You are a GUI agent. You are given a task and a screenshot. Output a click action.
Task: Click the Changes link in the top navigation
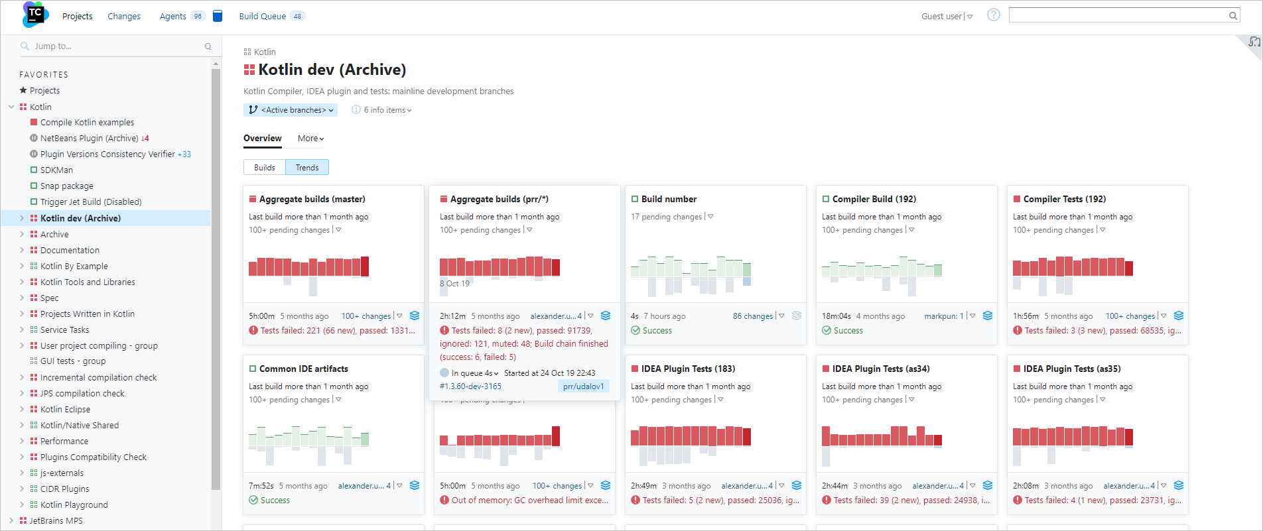pyautogui.click(x=124, y=17)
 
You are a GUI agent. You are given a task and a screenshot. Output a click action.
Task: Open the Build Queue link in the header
pyautogui.click(x=263, y=17)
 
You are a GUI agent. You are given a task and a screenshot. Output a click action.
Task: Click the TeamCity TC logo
pyautogui.click(x=35, y=14)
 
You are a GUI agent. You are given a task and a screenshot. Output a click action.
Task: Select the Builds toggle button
pyautogui.click(x=265, y=168)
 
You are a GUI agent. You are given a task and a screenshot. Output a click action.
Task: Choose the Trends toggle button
pyautogui.click(x=307, y=168)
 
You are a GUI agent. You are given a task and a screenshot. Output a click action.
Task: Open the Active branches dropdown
pyautogui.click(x=291, y=110)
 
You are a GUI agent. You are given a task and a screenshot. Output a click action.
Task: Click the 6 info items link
pyautogui.click(x=384, y=110)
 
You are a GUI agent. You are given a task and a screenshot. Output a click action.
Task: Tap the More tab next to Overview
pyautogui.click(x=310, y=139)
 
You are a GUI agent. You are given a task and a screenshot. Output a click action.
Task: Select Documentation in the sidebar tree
pyautogui.click(x=70, y=250)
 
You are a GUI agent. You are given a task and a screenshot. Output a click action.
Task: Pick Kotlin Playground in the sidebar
pyautogui.click(x=74, y=504)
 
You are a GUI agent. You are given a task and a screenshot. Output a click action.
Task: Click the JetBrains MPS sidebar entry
pyautogui.click(x=56, y=520)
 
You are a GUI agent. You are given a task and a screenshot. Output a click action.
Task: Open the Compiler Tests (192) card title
pyautogui.click(x=1064, y=199)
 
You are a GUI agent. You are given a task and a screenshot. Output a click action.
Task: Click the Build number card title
pyautogui.click(x=669, y=199)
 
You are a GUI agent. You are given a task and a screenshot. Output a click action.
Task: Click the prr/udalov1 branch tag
pyautogui.click(x=583, y=386)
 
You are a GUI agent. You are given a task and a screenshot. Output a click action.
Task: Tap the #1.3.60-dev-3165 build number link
pyautogui.click(x=470, y=386)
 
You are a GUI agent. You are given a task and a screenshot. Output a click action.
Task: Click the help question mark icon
pyautogui.click(x=993, y=15)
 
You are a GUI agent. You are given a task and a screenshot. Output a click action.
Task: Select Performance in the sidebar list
pyautogui.click(x=64, y=441)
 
